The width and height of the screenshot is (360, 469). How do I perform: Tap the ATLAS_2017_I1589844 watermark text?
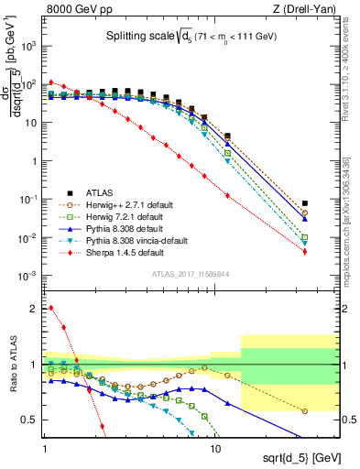[188, 273]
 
